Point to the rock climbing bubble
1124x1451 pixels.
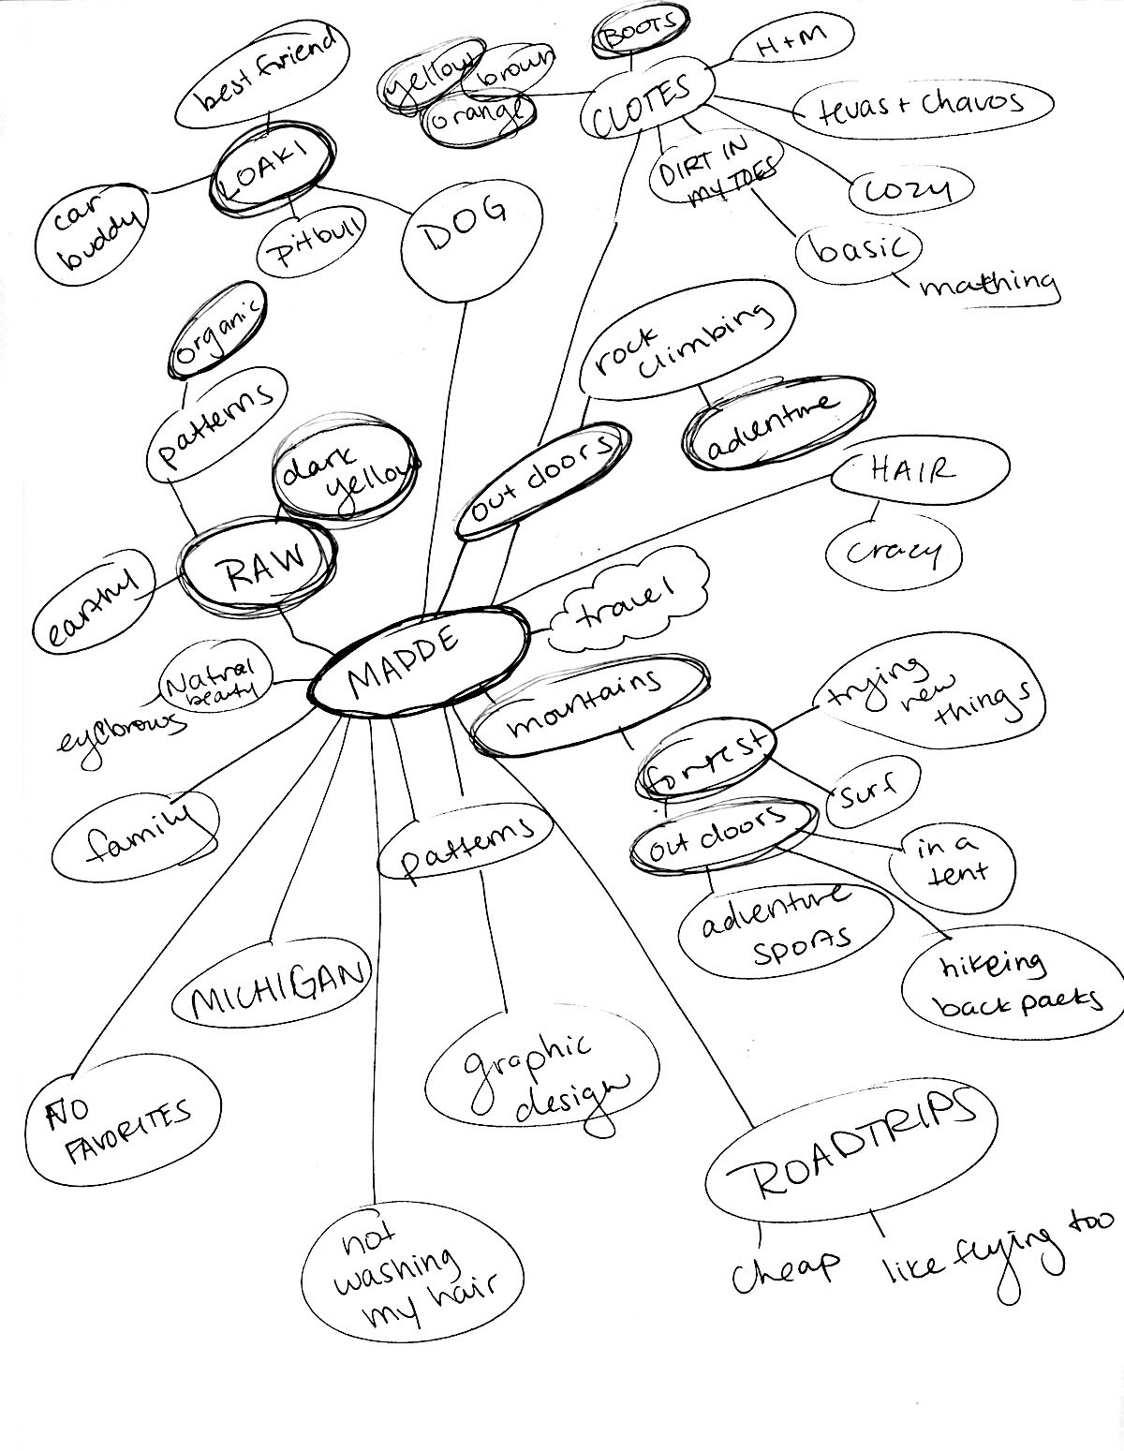[687, 347]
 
